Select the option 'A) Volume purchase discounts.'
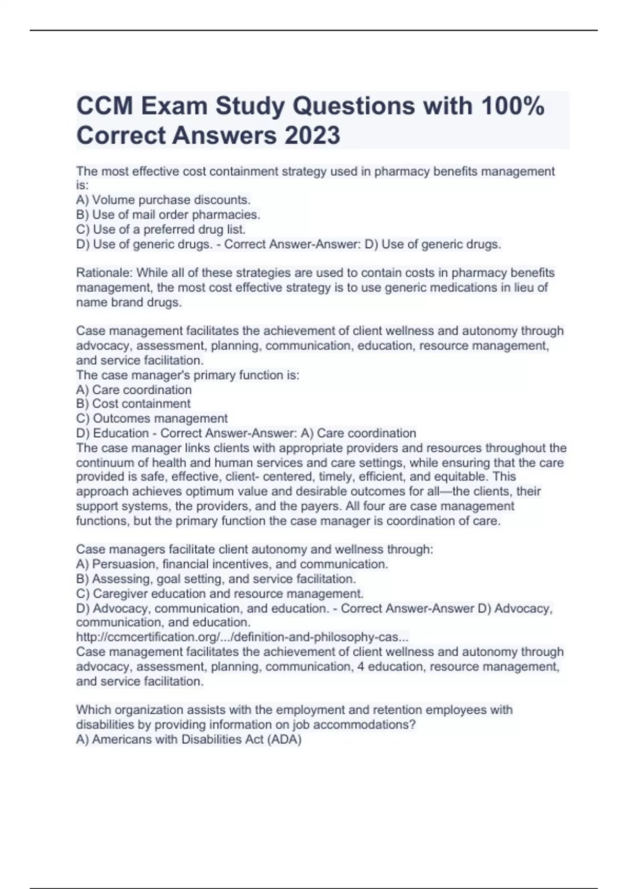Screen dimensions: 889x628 pos(163,200)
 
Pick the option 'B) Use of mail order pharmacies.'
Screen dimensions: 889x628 pos(168,214)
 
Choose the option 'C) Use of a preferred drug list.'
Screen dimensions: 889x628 pos(161,229)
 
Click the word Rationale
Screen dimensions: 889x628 pos(104,273)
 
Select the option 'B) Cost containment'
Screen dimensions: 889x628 pos(133,404)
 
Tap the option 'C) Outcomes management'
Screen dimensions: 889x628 pos(152,418)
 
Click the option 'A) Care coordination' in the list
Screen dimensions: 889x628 pos(134,390)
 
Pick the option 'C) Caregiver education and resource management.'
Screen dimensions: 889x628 pos(220,594)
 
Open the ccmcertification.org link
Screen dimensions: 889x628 pos(242,637)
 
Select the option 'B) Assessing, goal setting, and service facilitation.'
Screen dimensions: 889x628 pos(216,579)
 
